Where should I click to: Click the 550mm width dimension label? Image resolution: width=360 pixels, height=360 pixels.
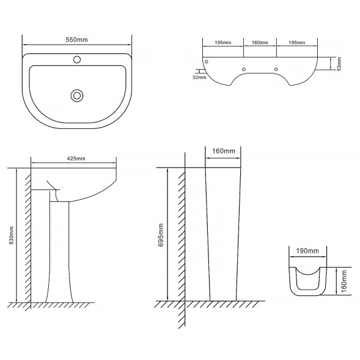tap(76, 40)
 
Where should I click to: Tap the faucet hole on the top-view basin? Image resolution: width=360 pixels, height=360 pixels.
tap(77, 60)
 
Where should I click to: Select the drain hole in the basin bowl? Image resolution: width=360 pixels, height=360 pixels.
tap(77, 95)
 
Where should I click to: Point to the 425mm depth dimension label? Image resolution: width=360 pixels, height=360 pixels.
tap(76, 158)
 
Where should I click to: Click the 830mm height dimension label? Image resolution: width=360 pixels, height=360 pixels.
tap(12, 235)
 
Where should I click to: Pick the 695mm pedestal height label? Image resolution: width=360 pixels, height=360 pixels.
tap(161, 235)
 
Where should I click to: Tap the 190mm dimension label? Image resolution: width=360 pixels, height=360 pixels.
tap(307, 251)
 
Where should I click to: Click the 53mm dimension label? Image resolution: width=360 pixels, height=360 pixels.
tap(339, 64)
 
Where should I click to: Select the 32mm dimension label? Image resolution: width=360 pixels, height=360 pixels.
tap(199, 78)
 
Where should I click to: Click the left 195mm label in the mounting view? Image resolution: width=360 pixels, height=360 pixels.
tap(223, 42)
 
